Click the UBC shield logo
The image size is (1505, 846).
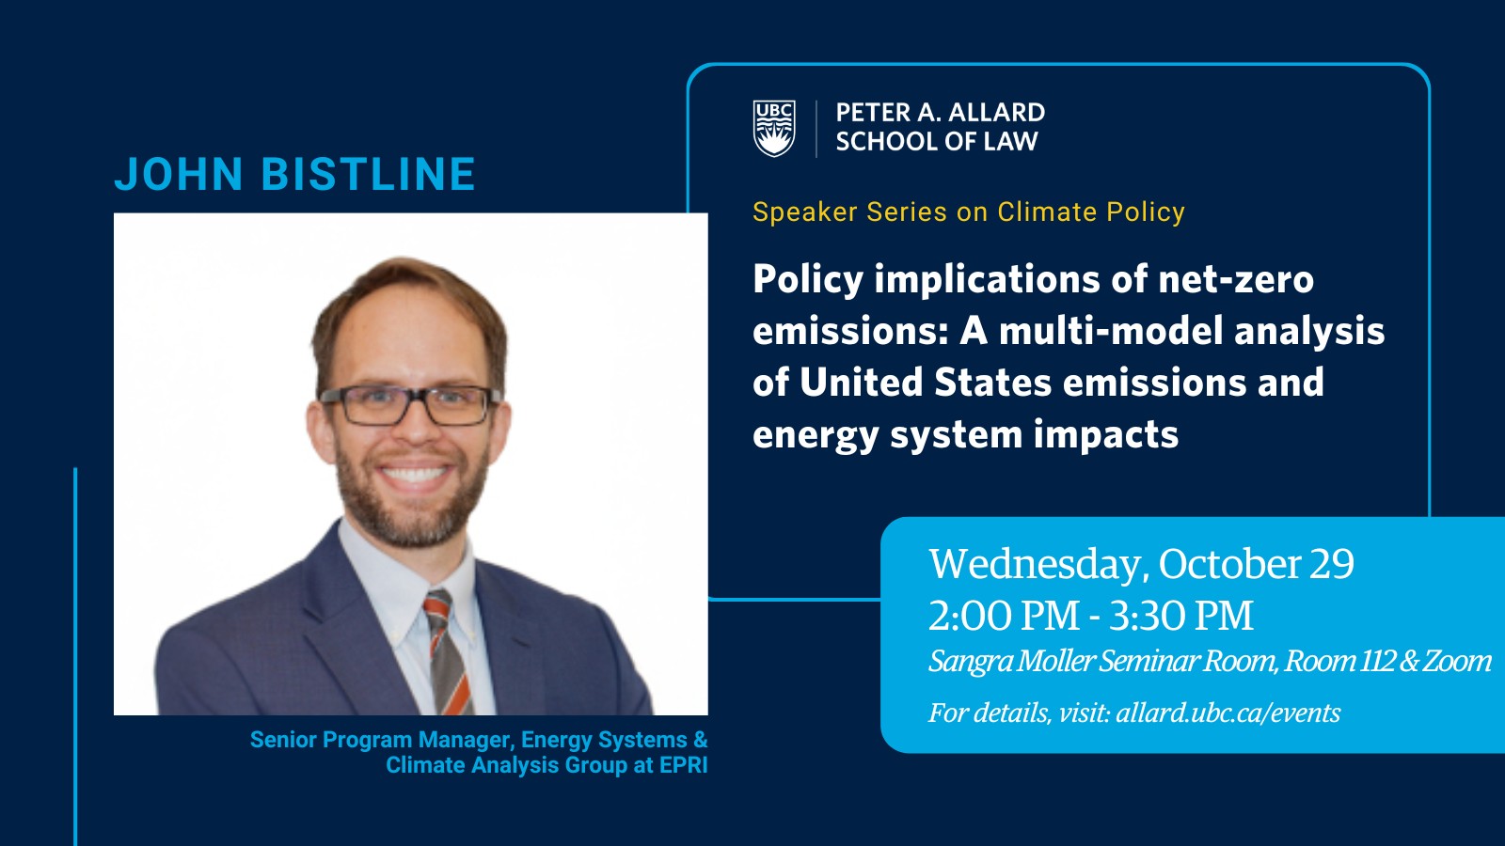(774, 128)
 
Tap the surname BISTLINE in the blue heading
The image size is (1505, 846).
(368, 174)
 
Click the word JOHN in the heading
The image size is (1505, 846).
(179, 174)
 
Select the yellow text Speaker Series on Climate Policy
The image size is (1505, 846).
(968, 212)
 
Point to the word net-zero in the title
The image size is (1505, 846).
(1236, 278)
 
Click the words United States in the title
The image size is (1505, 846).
(926, 382)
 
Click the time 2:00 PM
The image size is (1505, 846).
(1004, 615)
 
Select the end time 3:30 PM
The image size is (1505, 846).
(1181, 615)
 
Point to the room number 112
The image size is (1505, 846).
(1375, 661)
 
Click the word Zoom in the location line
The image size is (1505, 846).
(1457, 661)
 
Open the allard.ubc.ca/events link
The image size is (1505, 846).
(1228, 713)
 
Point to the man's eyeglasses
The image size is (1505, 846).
(410, 405)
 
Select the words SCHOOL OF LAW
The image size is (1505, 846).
(937, 142)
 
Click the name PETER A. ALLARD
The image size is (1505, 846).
(941, 112)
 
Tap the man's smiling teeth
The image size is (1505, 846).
(414, 475)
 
